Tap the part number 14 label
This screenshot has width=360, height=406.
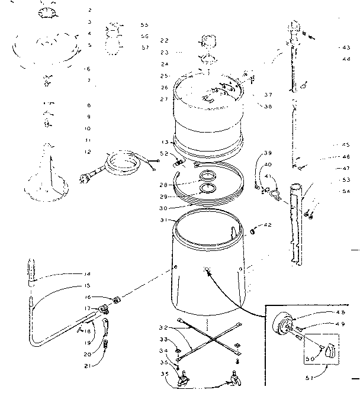click(x=88, y=273)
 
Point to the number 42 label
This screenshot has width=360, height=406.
click(x=268, y=224)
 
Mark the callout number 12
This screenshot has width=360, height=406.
click(x=88, y=152)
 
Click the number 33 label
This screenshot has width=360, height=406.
click(x=164, y=340)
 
